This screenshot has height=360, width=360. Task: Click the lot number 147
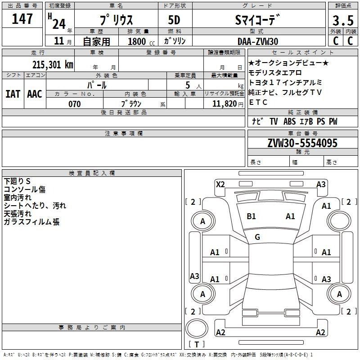point(22,18)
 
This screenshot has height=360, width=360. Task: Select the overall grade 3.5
point(343,20)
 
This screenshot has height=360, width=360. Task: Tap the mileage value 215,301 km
point(53,64)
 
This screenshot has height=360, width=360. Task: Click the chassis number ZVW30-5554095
point(302,143)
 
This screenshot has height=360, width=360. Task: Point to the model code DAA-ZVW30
point(258,41)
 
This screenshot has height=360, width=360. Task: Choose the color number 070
point(75,104)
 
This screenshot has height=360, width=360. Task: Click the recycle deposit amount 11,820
point(225,104)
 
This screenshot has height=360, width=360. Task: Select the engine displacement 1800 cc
point(141,41)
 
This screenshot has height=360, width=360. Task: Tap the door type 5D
point(174,20)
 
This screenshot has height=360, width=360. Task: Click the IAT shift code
point(13,94)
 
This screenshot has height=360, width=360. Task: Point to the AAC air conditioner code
point(35,94)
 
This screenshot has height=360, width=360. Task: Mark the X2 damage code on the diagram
point(220,184)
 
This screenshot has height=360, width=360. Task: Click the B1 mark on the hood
point(251,216)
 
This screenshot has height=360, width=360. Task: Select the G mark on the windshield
point(257,237)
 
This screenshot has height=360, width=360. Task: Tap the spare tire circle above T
point(197,328)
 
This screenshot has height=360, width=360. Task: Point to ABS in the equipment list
point(289,121)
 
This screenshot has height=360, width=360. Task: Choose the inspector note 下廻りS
point(17,181)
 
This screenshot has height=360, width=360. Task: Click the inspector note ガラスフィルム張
point(31,222)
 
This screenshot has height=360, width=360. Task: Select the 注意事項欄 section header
point(124,133)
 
